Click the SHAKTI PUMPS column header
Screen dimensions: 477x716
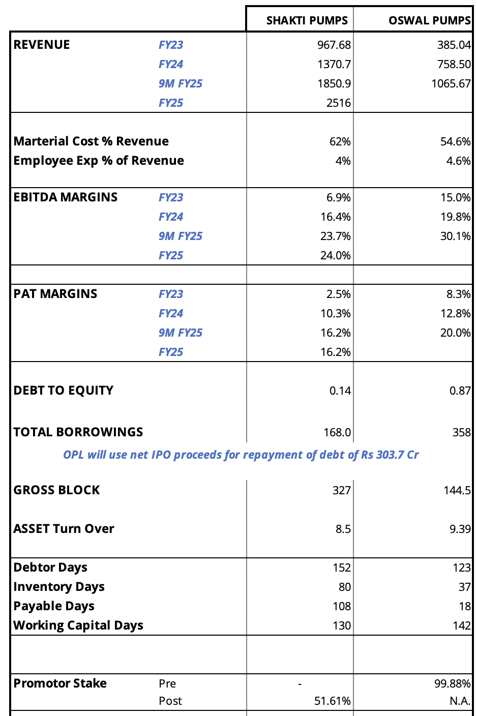[x=307, y=20]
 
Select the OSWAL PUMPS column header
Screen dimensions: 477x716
[x=429, y=20]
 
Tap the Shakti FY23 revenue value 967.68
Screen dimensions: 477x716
[x=334, y=45]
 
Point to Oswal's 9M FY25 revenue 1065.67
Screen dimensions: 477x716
[x=451, y=83]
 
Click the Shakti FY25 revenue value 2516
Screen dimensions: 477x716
[x=338, y=103]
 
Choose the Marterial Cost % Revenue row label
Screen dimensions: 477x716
[x=91, y=141]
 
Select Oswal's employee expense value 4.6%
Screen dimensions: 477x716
[x=458, y=161]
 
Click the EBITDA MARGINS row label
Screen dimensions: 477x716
[x=66, y=197]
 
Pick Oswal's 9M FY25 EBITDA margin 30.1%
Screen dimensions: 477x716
[x=455, y=236]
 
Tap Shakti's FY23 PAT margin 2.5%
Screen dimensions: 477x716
[x=338, y=294]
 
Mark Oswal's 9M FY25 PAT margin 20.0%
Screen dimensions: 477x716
[x=455, y=333]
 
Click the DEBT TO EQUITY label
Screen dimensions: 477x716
[x=63, y=390]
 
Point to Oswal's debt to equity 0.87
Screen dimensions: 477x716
[x=460, y=391]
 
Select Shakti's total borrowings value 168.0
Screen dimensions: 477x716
[x=337, y=432]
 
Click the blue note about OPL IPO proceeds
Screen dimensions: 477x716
[x=241, y=455]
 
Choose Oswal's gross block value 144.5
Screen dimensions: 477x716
[x=457, y=490]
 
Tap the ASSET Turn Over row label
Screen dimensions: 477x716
[x=64, y=529]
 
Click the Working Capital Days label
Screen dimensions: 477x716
[x=78, y=625]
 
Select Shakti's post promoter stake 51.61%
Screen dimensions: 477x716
[x=332, y=701]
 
